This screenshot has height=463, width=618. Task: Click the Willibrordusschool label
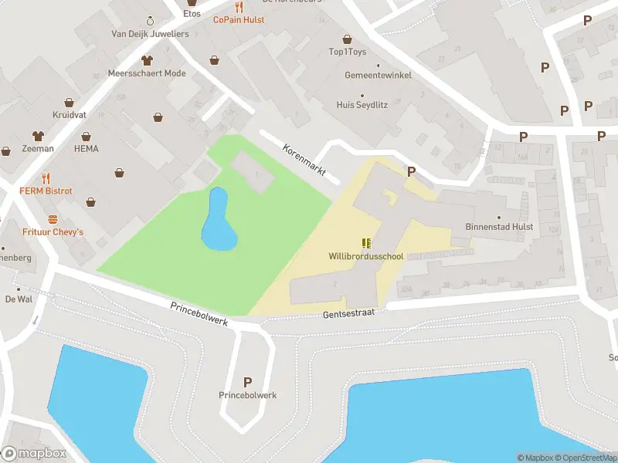(x=365, y=256)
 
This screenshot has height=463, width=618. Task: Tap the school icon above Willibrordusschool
(x=365, y=243)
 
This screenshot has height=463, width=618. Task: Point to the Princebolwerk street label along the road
(x=199, y=313)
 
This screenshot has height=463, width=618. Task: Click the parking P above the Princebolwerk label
(x=248, y=381)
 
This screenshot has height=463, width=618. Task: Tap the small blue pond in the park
(x=217, y=222)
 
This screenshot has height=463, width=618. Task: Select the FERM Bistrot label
(x=46, y=191)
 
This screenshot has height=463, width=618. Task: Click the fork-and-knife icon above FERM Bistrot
(x=46, y=177)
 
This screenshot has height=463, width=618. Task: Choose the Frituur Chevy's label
(x=53, y=232)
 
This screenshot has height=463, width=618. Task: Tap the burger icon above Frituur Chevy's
(x=53, y=219)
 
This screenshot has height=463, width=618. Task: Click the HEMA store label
(x=87, y=148)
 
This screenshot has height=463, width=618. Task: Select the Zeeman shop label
(x=38, y=148)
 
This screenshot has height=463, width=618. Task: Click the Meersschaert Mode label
(x=148, y=73)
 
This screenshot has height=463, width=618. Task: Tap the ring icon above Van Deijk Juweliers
(x=149, y=20)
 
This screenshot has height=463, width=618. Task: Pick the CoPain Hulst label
(x=239, y=19)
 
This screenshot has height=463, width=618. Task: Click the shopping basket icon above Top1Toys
(x=347, y=39)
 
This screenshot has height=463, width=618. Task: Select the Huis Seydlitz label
(x=362, y=104)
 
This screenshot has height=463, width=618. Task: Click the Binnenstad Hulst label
(x=500, y=227)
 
